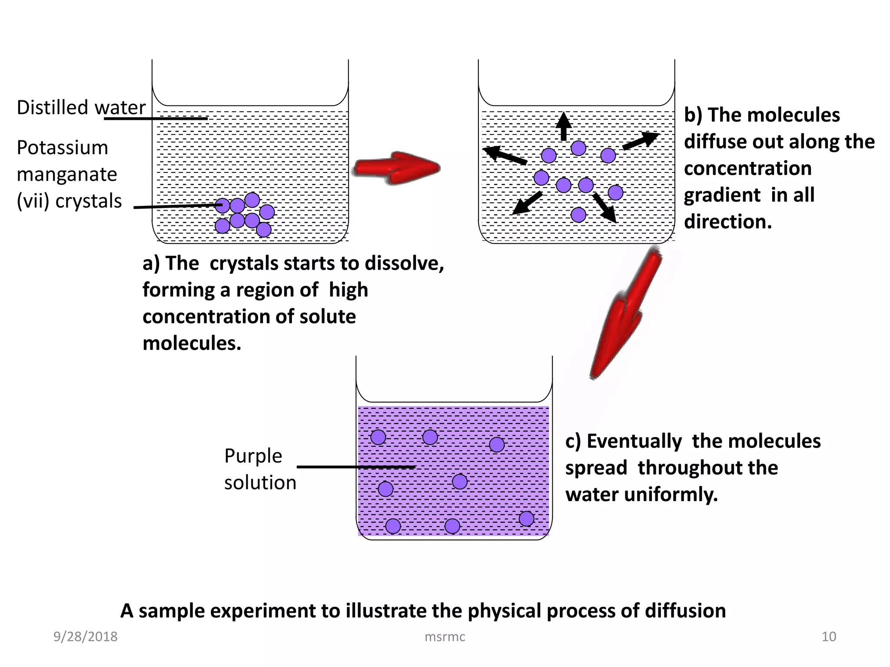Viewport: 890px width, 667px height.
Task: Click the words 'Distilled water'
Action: coord(81,107)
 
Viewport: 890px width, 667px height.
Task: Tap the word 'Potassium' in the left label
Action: coord(62,148)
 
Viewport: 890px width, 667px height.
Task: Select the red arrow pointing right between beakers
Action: coord(396,168)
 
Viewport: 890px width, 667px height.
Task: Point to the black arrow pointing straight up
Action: coord(564,126)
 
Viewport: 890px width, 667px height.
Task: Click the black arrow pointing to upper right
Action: coord(641,141)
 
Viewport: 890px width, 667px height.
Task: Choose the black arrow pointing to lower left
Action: coord(527,203)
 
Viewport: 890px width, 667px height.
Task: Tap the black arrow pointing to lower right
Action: coord(605,208)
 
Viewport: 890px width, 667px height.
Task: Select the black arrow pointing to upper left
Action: coord(505,155)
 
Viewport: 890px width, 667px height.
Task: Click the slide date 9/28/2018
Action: coord(85,637)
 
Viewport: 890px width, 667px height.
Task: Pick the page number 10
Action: coord(829,637)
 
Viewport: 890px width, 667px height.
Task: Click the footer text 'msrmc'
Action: coord(445,637)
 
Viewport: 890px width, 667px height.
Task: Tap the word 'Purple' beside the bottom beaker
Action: coord(253,456)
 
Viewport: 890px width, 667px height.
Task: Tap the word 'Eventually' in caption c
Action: coord(634,441)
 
